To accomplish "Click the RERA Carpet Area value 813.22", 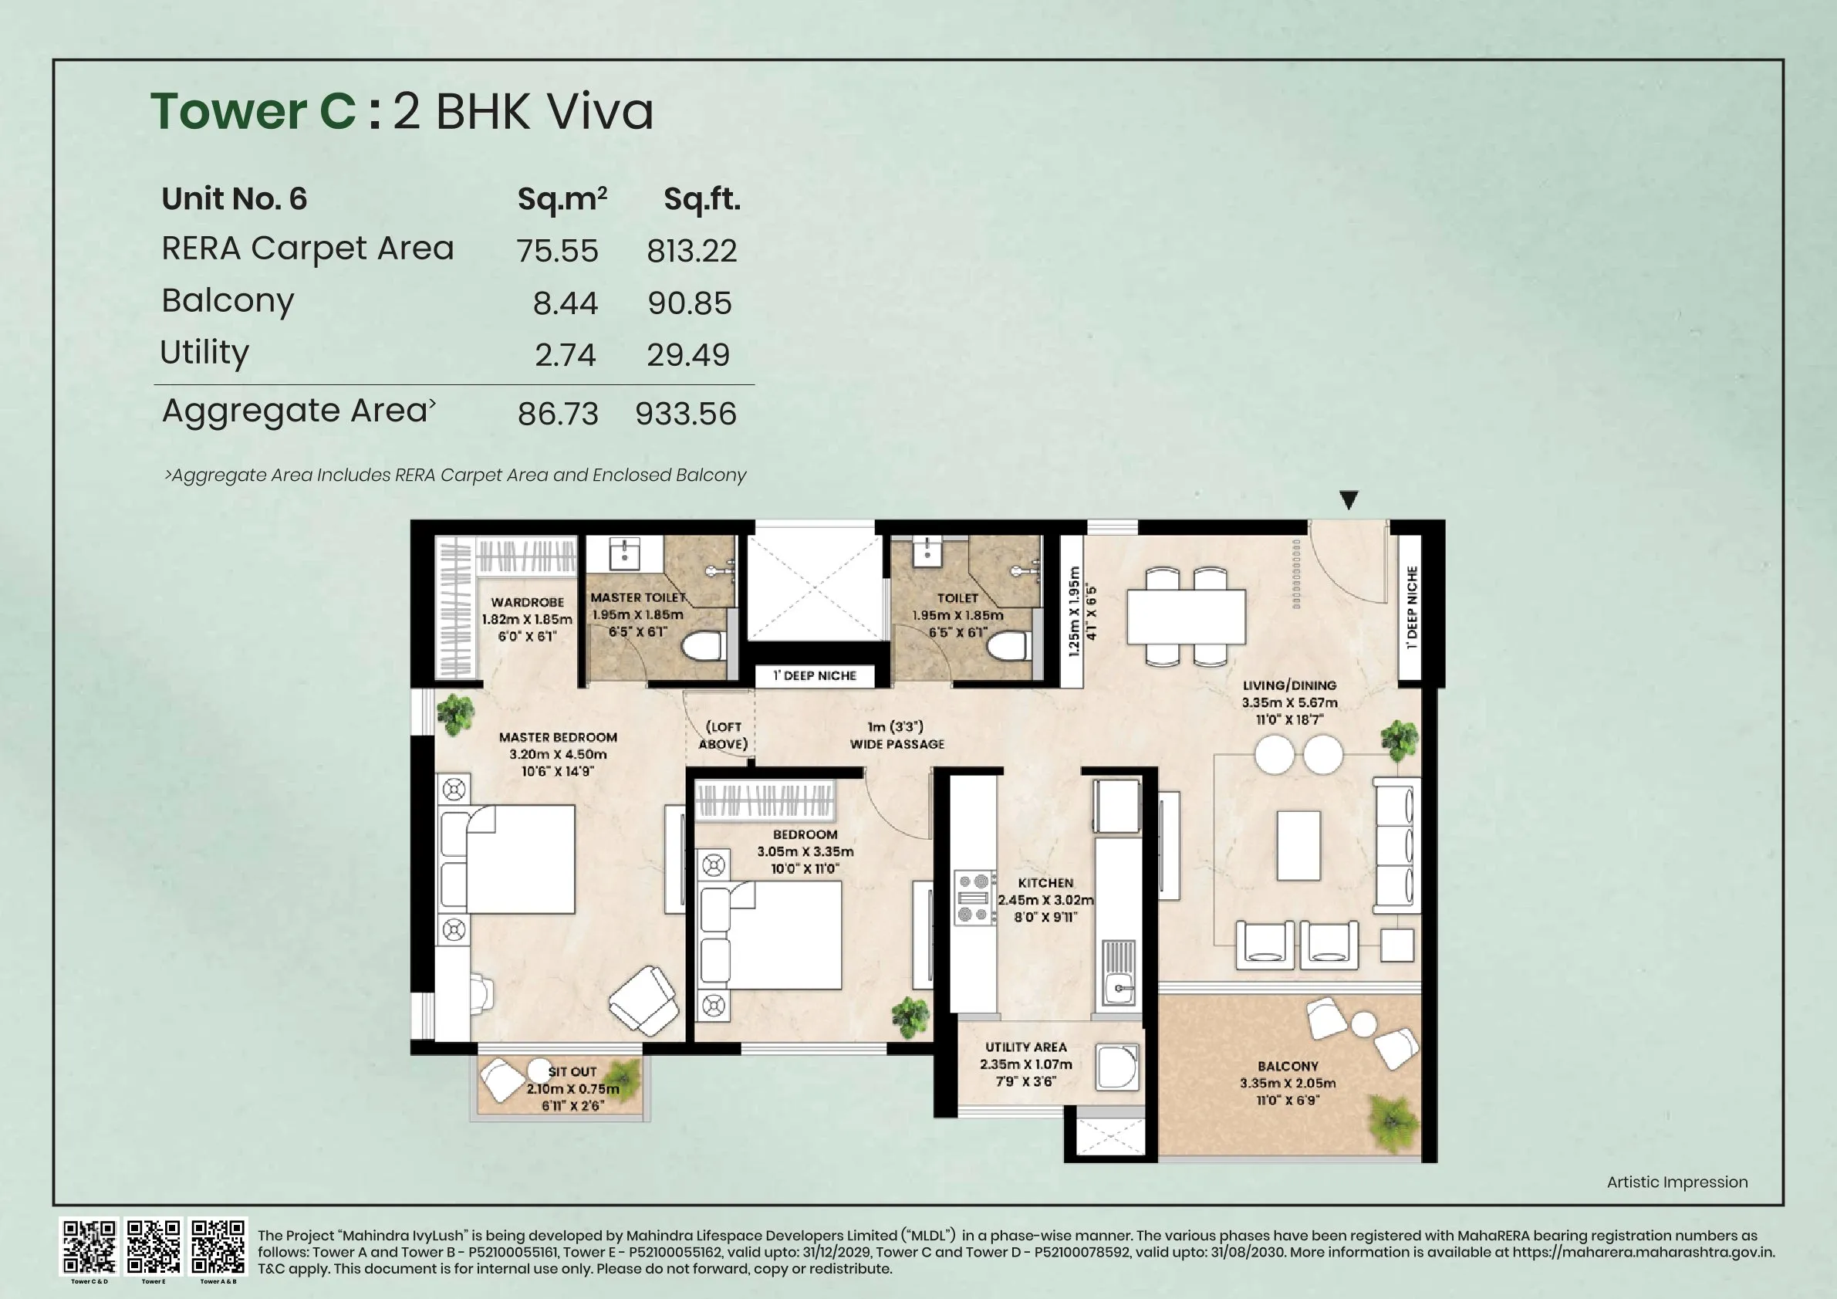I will [x=691, y=252].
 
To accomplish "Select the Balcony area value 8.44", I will [x=565, y=303].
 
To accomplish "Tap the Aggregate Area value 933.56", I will [x=686, y=414].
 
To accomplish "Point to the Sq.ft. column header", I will [x=701, y=199].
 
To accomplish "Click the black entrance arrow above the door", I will [x=1348, y=500].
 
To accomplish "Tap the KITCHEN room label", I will [x=1045, y=883].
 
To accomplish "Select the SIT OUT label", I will [x=572, y=1071].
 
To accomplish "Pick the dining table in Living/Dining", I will [x=1186, y=615].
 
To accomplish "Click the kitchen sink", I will [x=1119, y=989].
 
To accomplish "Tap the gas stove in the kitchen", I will [x=974, y=898].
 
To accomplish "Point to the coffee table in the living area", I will [x=1298, y=844].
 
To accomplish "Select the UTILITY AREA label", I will [x=1025, y=1047].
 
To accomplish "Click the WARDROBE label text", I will [x=527, y=602].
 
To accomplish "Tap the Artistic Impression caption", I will [x=1677, y=1182].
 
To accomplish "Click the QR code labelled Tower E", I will [x=154, y=1247].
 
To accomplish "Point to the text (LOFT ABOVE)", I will [x=723, y=735].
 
